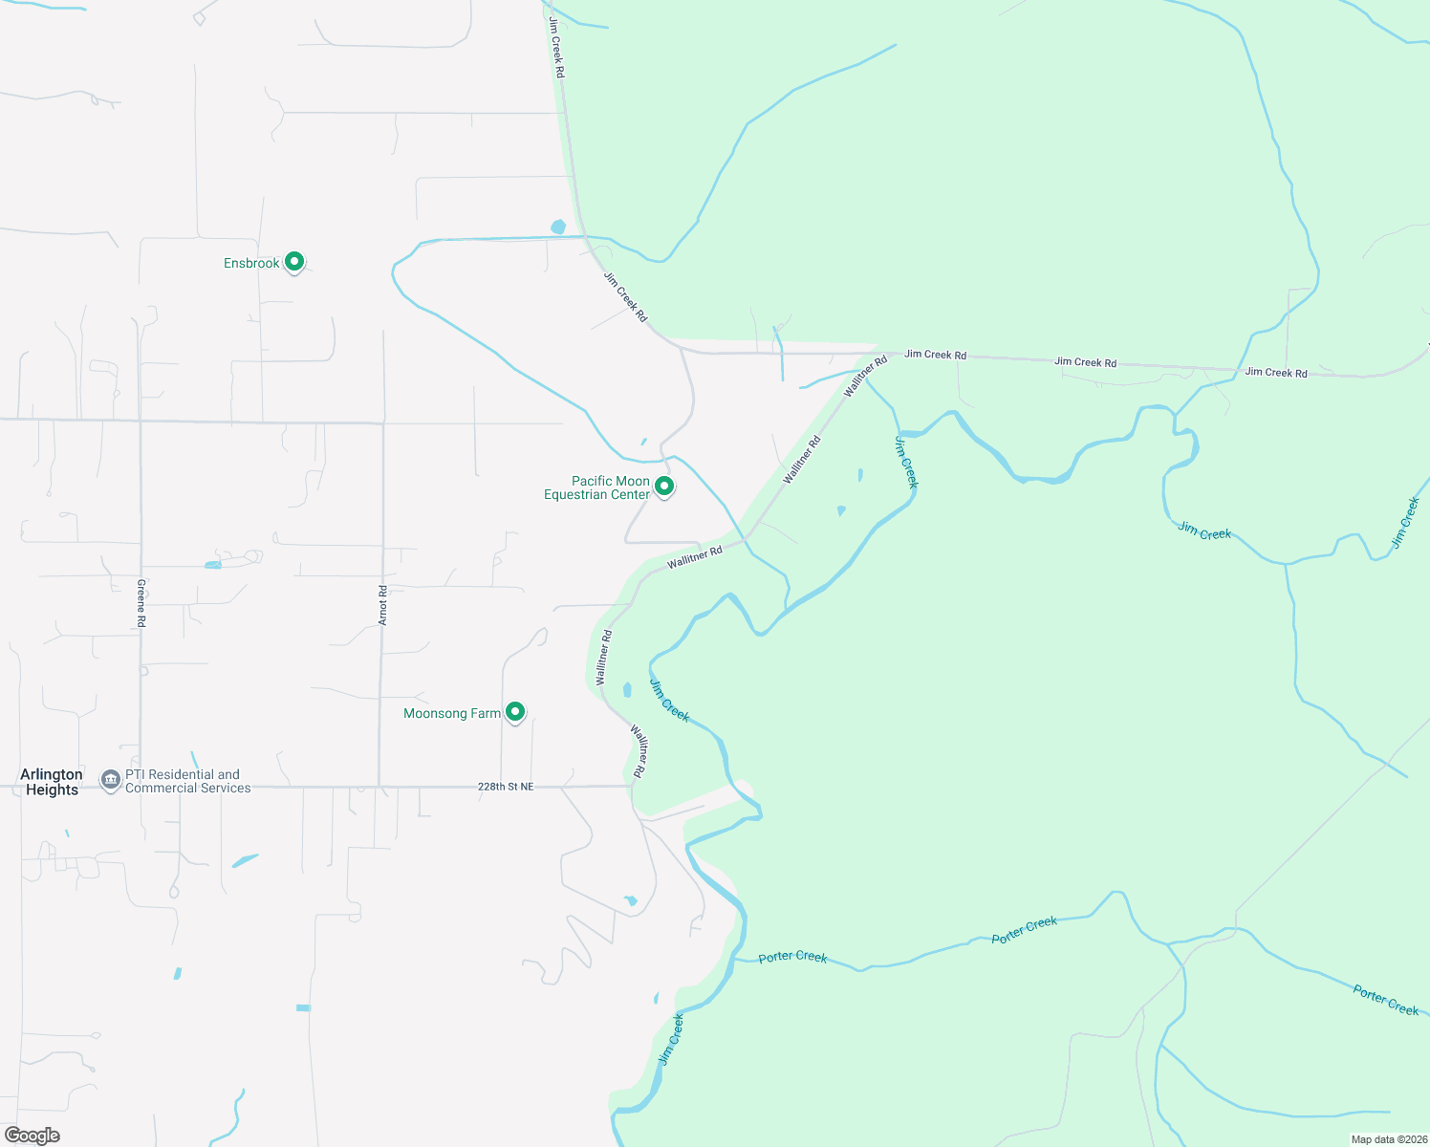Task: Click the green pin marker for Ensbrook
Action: click(294, 261)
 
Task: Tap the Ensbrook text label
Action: click(251, 263)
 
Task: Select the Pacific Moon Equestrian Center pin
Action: click(664, 486)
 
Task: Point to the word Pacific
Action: click(591, 481)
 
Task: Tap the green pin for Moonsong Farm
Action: click(515, 711)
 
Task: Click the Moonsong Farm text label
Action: click(451, 713)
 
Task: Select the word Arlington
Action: click(52, 774)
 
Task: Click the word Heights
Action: click(52, 790)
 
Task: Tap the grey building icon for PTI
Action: click(111, 780)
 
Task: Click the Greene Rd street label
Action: click(141, 602)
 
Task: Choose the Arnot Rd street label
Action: click(383, 605)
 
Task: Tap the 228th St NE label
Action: click(506, 787)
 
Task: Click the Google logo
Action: click(32, 1136)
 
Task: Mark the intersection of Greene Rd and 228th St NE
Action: click(141, 787)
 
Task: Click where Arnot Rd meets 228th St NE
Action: click(380, 787)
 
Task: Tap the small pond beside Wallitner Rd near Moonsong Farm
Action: click(627, 689)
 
